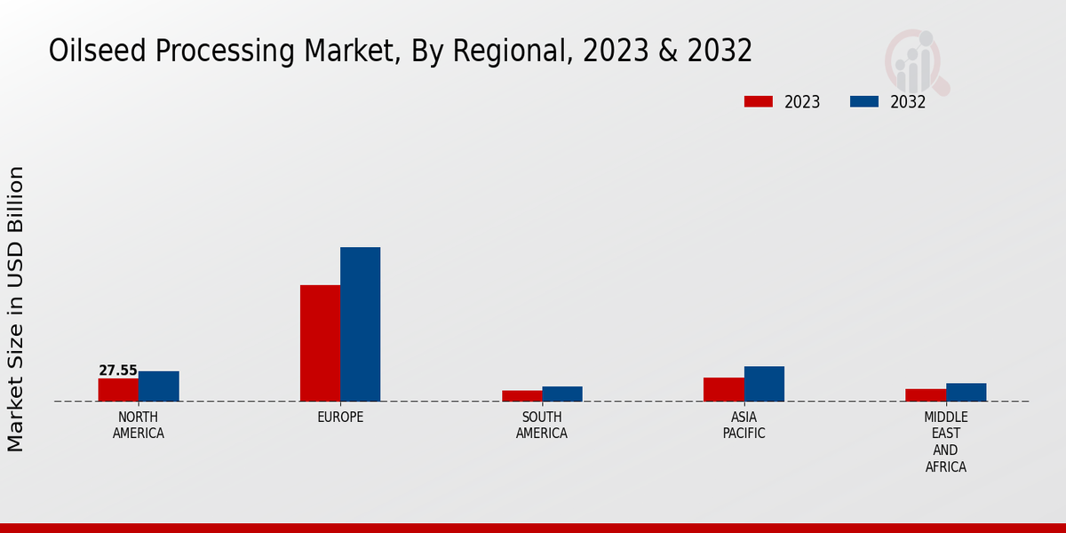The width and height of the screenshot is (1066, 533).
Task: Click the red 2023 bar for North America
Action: [118, 390]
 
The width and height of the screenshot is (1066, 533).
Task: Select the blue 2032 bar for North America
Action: [159, 386]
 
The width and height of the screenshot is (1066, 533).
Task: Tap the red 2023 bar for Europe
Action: [320, 343]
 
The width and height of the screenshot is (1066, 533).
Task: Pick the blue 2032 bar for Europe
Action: [361, 324]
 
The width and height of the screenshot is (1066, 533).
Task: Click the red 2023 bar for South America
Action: [521, 396]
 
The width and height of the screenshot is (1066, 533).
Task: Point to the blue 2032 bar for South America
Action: [562, 394]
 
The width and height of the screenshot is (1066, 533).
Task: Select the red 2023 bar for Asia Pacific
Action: [724, 389]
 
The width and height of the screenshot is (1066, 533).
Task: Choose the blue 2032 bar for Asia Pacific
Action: [764, 384]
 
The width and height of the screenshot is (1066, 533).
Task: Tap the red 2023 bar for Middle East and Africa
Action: [926, 395]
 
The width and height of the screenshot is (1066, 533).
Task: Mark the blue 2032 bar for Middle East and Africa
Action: [966, 392]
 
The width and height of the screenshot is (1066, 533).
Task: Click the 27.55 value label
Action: [118, 370]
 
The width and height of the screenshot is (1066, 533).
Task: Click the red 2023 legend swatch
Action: [758, 101]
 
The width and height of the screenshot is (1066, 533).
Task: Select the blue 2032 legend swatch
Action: [863, 101]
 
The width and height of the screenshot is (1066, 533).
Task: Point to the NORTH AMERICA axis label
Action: [139, 426]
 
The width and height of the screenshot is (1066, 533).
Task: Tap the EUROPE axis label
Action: [340, 418]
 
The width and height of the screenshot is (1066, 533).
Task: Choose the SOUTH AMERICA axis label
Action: [542, 426]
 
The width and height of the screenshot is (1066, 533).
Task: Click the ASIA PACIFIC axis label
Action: [744, 426]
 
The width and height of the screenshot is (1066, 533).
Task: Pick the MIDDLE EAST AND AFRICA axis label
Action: [946, 442]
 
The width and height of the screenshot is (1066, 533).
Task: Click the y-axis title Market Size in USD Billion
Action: [16, 308]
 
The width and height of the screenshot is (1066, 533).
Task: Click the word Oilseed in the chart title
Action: [98, 52]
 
